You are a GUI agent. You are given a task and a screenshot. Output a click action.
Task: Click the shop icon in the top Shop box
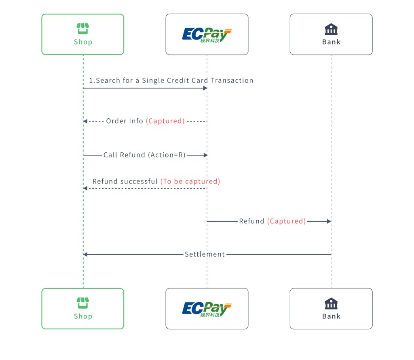click(82, 29)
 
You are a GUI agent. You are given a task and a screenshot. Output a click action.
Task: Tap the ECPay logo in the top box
click(207, 35)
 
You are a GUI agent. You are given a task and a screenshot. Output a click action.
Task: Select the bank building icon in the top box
click(331, 29)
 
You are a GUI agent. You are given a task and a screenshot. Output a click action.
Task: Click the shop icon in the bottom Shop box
click(82, 303)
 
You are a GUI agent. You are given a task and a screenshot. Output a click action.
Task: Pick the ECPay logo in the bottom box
click(207, 309)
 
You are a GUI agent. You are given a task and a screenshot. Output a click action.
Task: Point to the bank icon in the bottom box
click(331, 303)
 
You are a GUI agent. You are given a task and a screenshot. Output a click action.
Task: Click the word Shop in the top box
click(83, 42)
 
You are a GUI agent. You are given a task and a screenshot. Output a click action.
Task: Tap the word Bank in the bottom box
click(331, 316)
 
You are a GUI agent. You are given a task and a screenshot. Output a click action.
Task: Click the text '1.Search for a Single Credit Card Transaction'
click(171, 80)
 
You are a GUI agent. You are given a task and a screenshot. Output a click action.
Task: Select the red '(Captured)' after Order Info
click(165, 121)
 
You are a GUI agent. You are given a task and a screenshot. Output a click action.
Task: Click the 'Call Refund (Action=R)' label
click(144, 155)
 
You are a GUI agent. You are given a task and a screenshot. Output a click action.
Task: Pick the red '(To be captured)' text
click(190, 181)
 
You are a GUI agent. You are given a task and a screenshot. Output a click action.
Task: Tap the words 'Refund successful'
click(125, 181)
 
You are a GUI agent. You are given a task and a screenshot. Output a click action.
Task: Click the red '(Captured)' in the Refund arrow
click(286, 221)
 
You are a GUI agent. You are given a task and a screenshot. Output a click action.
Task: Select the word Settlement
click(205, 254)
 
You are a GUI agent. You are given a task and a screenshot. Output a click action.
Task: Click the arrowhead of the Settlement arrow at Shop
click(86, 254)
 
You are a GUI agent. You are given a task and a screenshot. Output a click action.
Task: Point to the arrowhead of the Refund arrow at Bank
click(329, 221)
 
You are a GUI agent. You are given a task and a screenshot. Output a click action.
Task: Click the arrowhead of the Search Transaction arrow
click(205, 88)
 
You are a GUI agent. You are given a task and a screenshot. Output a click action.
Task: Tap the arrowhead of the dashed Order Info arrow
click(86, 121)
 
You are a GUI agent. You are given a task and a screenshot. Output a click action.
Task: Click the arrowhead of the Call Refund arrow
click(205, 155)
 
